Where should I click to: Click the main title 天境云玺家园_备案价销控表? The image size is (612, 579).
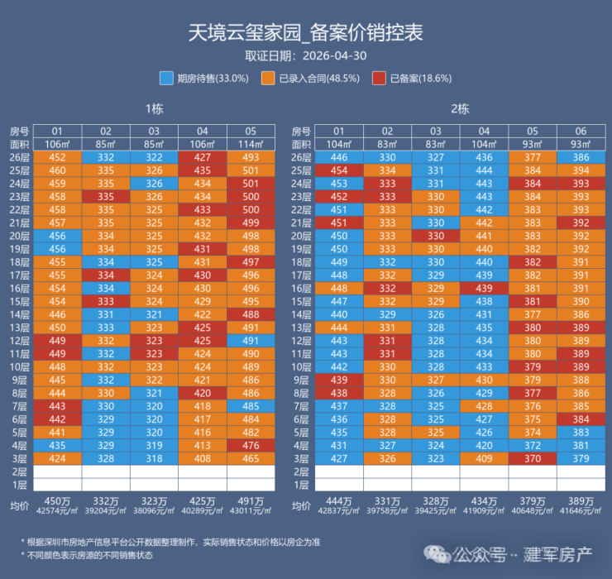(306, 32)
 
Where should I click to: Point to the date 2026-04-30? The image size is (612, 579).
(334, 55)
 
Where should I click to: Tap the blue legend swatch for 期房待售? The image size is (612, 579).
(166, 78)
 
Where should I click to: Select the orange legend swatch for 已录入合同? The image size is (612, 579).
(268, 78)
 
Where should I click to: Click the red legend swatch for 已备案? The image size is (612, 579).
(379, 78)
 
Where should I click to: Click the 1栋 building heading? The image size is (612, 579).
(154, 109)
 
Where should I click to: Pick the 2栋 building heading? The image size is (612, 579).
(460, 109)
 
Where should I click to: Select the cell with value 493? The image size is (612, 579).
(251, 157)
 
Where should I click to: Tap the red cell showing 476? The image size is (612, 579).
(251, 446)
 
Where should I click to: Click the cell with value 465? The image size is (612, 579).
(251, 459)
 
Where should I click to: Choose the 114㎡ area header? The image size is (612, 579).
(251, 145)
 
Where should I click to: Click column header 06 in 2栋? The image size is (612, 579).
(581, 132)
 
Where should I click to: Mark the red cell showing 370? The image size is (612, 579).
(533, 459)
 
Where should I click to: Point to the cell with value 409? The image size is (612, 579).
(484, 459)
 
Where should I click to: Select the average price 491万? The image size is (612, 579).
(251, 501)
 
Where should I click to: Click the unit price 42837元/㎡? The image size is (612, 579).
(339, 510)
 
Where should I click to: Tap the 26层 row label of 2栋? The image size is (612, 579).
(301, 158)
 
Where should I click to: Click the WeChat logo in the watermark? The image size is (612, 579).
(437, 554)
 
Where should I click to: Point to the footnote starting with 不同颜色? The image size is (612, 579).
(87, 555)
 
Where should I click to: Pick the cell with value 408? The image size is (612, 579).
(202, 459)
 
